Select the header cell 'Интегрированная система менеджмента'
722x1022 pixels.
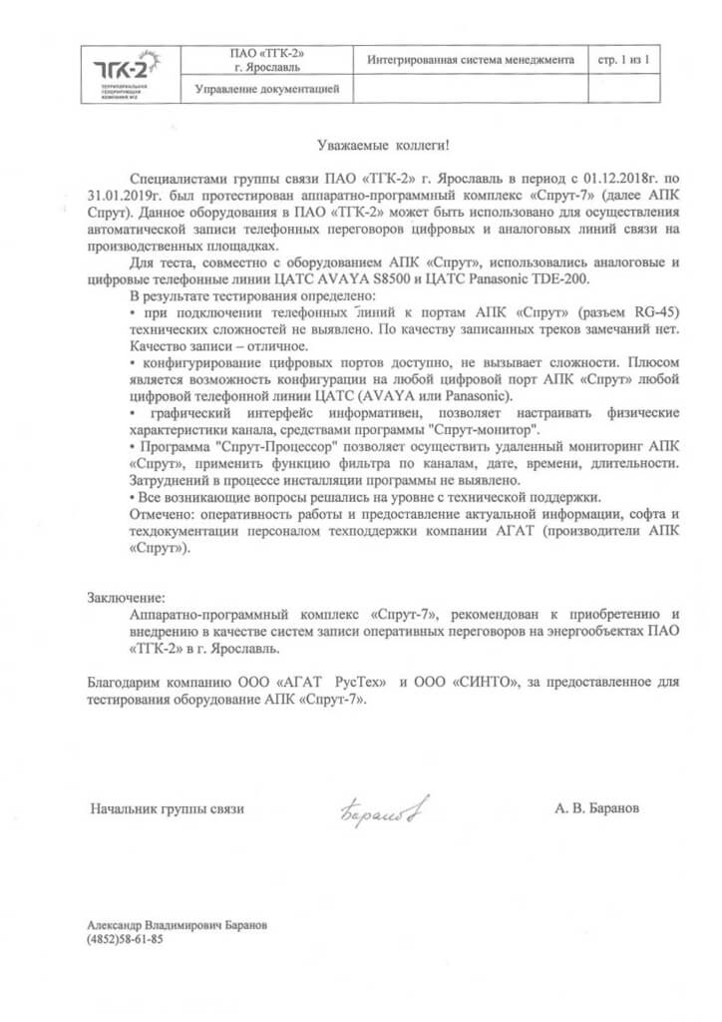coord(472,60)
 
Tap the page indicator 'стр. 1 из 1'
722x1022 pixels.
coord(623,60)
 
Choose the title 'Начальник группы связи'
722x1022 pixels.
coord(167,809)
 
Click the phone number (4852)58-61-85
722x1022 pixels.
coord(125,940)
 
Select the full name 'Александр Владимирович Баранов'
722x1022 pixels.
coord(178,925)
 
